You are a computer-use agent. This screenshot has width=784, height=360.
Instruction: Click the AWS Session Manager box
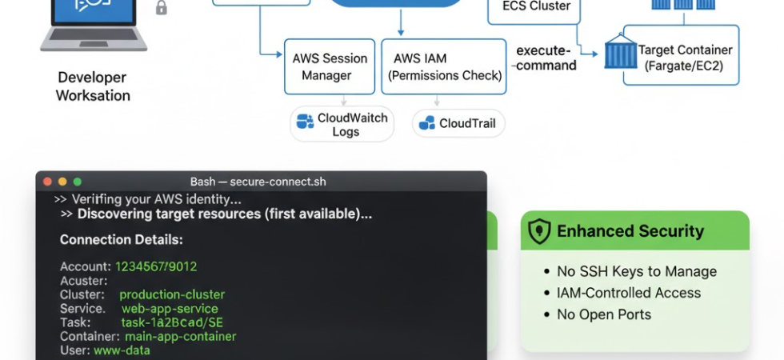coord(329,66)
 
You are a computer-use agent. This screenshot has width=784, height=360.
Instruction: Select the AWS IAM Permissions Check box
coord(445,66)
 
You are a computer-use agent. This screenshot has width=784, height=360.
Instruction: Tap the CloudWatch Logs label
coord(342,125)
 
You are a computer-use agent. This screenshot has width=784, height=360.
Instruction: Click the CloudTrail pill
coord(459,123)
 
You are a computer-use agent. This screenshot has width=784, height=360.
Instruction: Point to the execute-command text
coord(546,58)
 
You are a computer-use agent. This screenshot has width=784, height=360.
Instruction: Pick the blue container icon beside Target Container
coord(621,54)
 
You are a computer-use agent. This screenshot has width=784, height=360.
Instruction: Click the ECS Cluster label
coord(536,7)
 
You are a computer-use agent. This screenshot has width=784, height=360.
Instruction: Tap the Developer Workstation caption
coord(93,86)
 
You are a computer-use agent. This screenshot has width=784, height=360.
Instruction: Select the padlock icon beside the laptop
coord(162,8)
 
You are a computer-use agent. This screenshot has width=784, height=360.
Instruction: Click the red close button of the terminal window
coord(47,182)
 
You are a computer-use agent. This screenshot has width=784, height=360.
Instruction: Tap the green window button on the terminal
coord(77,182)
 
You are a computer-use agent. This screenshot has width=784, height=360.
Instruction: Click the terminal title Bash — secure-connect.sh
coord(258,182)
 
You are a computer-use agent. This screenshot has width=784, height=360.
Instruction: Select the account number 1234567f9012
coord(156,266)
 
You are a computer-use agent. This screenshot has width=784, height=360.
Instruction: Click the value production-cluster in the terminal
coord(172,294)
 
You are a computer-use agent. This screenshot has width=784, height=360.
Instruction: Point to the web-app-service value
coord(170,308)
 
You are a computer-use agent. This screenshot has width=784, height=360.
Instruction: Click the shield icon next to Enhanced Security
coord(540,231)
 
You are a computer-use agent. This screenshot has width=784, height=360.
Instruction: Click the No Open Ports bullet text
coord(604,314)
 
